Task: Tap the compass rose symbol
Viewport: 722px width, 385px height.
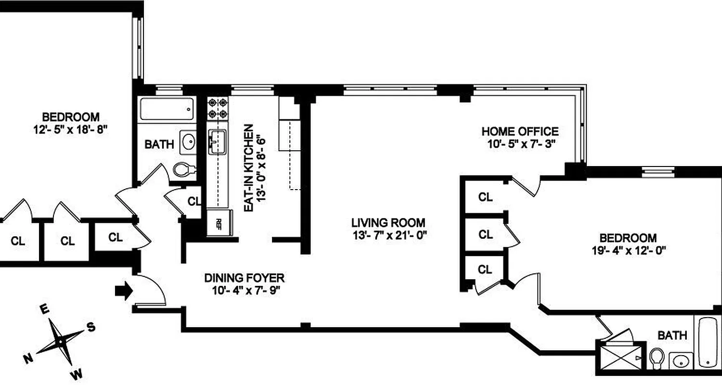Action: (60, 341)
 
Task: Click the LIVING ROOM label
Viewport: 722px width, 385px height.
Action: (388, 223)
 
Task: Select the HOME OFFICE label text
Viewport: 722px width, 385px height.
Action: (520, 131)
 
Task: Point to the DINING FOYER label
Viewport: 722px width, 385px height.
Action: (244, 278)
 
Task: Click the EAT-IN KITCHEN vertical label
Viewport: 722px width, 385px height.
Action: (249, 168)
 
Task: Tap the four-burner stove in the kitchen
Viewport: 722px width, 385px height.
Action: (218, 108)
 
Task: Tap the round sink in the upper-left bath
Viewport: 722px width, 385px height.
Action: (188, 141)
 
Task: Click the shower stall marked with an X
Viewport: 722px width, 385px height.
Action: (620, 357)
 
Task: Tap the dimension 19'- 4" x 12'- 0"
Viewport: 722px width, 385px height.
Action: (628, 250)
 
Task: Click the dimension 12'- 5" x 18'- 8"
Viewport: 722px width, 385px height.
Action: (71, 129)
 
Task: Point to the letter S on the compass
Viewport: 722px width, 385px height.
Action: (90, 327)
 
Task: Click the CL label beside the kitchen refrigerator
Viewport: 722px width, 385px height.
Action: (193, 201)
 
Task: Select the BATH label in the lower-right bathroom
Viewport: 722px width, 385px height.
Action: (672, 335)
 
